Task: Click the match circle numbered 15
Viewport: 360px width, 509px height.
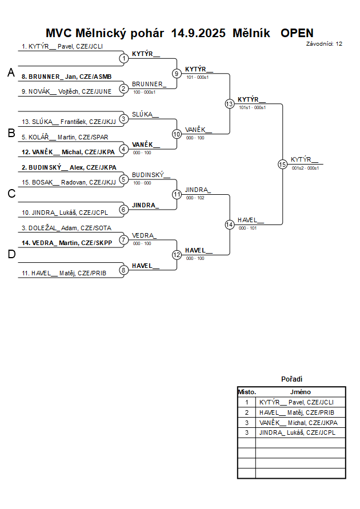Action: tap(282, 164)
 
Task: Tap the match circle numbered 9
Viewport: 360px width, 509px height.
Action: tap(177, 73)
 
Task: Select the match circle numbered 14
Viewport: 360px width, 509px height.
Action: tap(229, 225)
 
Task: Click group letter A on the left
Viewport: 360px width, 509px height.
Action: tap(11, 73)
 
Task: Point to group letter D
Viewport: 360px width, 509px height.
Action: tap(11, 255)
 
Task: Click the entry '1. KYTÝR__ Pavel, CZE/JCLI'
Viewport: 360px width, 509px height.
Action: tap(62, 46)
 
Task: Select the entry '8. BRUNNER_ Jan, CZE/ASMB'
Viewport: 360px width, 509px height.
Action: tap(66, 76)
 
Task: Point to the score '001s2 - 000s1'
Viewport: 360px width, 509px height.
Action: tap(305, 168)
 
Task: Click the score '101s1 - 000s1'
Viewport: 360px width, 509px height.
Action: tap(252, 107)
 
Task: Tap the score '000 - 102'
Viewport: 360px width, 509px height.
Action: tap(194, 198)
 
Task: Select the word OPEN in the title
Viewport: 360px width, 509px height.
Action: tap(297, 33)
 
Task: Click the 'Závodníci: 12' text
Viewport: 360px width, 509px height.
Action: tap(324, 43)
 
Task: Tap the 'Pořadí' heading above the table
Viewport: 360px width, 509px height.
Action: tap(291, 379)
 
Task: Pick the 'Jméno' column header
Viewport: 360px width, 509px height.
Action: tap(300, 392)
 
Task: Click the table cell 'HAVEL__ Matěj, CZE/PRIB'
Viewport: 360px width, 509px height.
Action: tap(297, 412)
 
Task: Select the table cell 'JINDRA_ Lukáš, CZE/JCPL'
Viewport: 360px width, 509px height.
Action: tap(297, 433)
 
